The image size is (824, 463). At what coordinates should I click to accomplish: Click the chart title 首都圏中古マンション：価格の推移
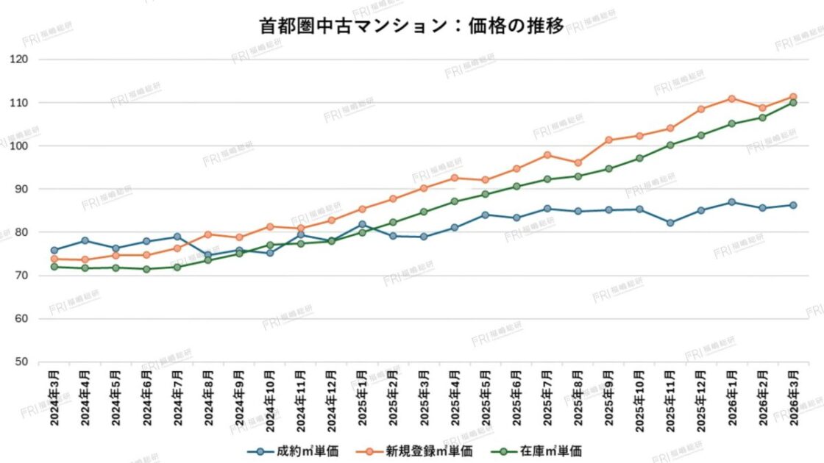(x=411, y=26)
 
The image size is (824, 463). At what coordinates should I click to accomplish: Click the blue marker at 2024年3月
(x=54, y=251)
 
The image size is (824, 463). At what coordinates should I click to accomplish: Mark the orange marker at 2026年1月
(x=731, y=98)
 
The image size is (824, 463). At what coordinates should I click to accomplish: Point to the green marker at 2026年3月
(x=793, y=103)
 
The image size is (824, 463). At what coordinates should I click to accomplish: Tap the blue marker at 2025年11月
(x=669, y=223)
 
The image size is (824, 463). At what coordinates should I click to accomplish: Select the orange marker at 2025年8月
(x=578, y=163)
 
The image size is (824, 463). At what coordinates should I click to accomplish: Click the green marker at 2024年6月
(x=146, y=269)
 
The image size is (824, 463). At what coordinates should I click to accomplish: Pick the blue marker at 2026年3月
(x=793, y=205)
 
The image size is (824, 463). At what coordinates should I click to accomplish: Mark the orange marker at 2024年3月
(x=54, y=259)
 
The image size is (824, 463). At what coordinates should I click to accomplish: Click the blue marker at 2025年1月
(x=362, y=224)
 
